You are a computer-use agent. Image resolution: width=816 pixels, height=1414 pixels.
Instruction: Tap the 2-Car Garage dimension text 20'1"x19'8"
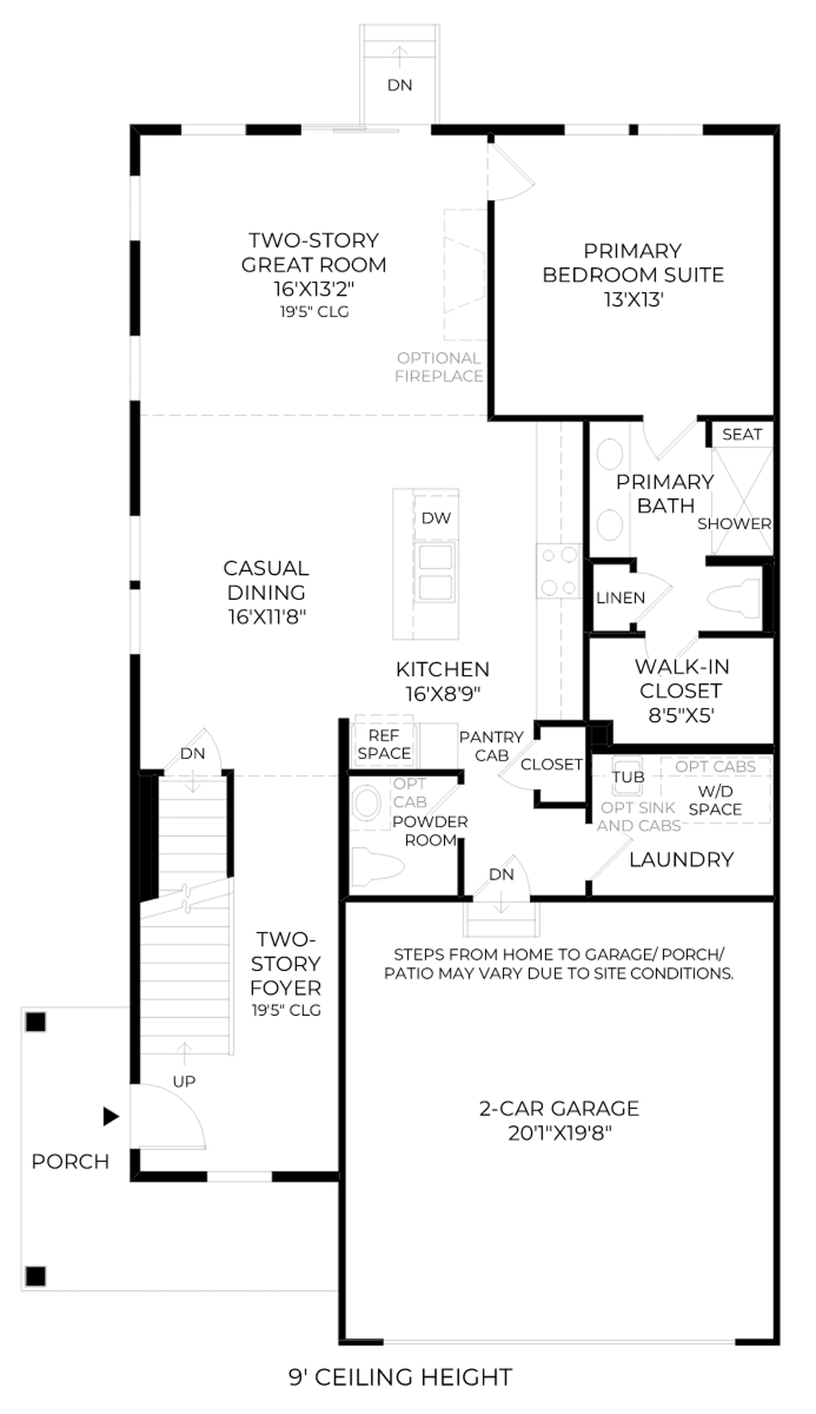560,1133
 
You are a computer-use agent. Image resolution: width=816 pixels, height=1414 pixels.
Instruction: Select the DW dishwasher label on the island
436,518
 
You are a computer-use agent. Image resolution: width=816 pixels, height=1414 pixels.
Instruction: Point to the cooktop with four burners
558,571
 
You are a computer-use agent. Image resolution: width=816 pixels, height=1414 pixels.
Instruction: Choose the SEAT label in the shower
742,434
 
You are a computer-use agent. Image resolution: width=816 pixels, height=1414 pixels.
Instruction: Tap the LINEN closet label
621,598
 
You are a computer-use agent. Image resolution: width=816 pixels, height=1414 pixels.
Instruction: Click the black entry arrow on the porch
111,1116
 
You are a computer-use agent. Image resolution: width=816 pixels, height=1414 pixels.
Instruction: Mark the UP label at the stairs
184,1081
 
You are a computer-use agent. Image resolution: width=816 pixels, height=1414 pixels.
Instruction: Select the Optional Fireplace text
439,367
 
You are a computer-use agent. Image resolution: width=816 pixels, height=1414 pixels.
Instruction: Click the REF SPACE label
384,744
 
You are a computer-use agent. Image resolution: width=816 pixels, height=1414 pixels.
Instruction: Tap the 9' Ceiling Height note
400,1377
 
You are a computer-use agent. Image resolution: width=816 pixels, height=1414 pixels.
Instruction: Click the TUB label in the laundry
628,777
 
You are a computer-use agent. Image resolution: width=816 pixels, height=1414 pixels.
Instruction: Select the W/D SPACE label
715,800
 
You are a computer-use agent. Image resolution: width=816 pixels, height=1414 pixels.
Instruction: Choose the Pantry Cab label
491,746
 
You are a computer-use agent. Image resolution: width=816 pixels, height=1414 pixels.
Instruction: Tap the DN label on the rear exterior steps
400,85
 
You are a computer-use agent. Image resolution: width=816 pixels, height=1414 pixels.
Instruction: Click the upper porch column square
36,1022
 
